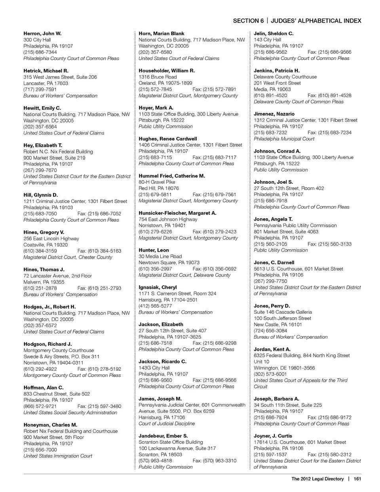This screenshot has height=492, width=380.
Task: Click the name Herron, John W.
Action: pos(42,34)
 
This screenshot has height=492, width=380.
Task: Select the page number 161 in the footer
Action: pos(357,479)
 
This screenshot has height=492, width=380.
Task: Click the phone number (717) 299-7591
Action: pos(40,90)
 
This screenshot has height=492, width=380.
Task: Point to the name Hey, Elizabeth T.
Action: pos(43,145)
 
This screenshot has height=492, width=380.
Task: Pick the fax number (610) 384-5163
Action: pos(99,251)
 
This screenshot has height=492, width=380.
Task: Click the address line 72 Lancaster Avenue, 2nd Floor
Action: pos(57,276)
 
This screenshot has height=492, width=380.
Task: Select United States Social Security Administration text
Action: pos(70,412)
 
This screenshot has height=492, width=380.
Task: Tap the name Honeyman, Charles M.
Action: pos(50,425)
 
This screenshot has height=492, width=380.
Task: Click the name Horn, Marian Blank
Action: pos(161,34)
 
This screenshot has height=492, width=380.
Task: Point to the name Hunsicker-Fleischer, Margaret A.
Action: pos(177,213)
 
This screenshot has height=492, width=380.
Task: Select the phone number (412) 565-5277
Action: pos(155,306)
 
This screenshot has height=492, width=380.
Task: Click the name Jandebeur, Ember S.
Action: pos(163,436)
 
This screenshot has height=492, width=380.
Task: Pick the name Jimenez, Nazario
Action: pos(274,114)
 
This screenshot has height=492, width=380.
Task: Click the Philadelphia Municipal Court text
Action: pos(284,139)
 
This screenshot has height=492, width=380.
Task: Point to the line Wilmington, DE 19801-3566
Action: pos(284,368)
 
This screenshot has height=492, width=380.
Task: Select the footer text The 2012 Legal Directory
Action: pos(317,479)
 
